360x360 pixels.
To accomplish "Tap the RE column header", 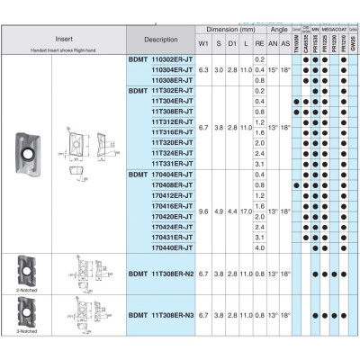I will [x=259, y=43].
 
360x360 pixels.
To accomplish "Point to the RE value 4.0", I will [x=259, y=247].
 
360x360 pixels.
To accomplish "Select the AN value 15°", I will [x=274, y=69].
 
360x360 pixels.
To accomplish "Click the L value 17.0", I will [x=245, y=211].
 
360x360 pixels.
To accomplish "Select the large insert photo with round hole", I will [x=28, y=143].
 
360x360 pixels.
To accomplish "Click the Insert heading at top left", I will [x=64, y=35].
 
